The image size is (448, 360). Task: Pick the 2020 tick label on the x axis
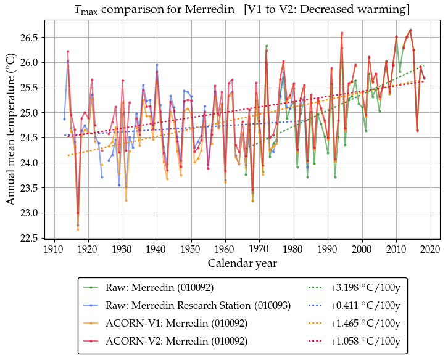431,249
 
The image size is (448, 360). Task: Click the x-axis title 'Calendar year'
243,263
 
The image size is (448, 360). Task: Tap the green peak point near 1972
267,46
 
